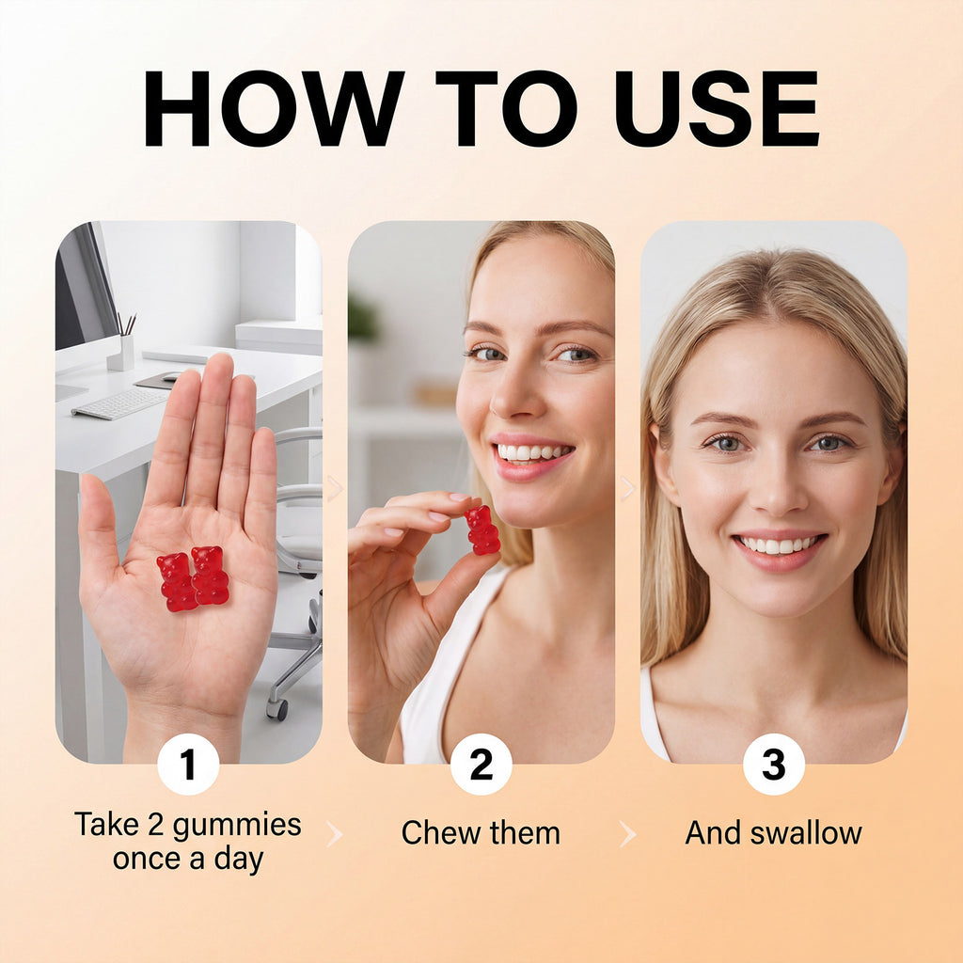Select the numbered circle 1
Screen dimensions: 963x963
click(188, 764)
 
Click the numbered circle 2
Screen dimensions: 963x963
click(481, 764)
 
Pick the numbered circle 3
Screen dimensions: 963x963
click(773, 764)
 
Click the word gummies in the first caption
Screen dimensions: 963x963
click(237, 826)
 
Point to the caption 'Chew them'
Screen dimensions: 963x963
click(481, 833)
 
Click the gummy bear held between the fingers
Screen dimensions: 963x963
click(482, 530)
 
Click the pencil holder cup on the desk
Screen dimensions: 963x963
click(121, 353)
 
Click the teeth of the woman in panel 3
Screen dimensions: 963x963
click(779, 545)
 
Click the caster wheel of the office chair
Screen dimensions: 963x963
click(277, 709)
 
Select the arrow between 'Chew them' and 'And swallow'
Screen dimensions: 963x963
click(627, 834)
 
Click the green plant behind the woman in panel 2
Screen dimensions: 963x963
click(362, 317)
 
